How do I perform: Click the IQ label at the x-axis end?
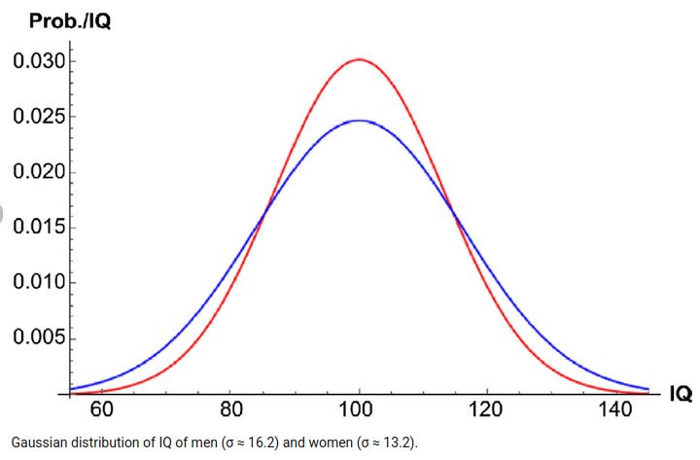click(679, 394)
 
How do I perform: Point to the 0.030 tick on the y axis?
click(38, 62)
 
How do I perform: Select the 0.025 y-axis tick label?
click(38, 118)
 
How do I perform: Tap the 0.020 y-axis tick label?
click(38, 173)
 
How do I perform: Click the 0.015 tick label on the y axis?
click(38, 229)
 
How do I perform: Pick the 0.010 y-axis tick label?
click(38, 284)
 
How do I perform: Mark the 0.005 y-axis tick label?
click(38, 338)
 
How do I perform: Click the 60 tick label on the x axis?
click(101, 410)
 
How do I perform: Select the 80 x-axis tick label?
click(230, 410)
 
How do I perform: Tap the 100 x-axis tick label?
click(359, 410)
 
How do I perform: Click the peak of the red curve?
click(359, 59)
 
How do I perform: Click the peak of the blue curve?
click(359, 121)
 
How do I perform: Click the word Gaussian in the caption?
click(37, 442)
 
